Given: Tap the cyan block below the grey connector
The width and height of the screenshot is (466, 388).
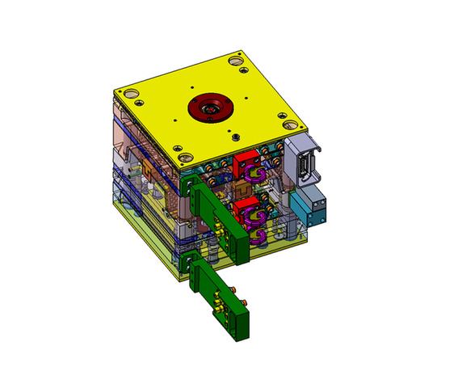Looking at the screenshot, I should [x=309, y=209].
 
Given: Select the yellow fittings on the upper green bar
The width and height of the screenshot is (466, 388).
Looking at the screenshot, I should [x=216, y=235].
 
